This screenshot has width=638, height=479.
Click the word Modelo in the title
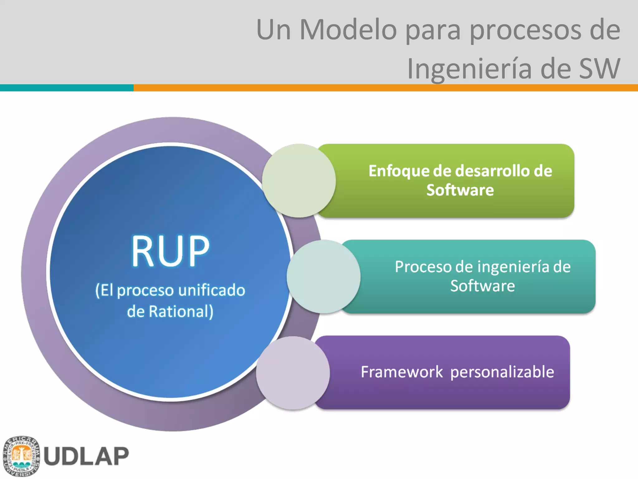tap(348, 30)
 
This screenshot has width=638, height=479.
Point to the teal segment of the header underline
tap(67, 88)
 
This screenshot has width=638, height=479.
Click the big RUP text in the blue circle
tap(170, 251)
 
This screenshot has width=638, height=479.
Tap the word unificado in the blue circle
tap(212, 290)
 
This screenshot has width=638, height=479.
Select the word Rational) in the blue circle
tap(181, 312)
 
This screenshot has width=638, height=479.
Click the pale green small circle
tap(299, 181)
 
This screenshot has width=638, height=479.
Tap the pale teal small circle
tap(323, 277)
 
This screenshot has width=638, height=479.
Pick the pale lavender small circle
tap(293, 373)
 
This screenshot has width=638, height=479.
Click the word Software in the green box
tap(460, 190)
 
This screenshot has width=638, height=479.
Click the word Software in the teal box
tap(482, 286)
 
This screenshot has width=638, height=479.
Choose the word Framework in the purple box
tap(402, 372)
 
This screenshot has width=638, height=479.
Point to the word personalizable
tap(502, 372)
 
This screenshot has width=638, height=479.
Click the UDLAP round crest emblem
tap(21, 456)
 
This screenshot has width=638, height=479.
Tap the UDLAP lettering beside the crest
tap(86, 456)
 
